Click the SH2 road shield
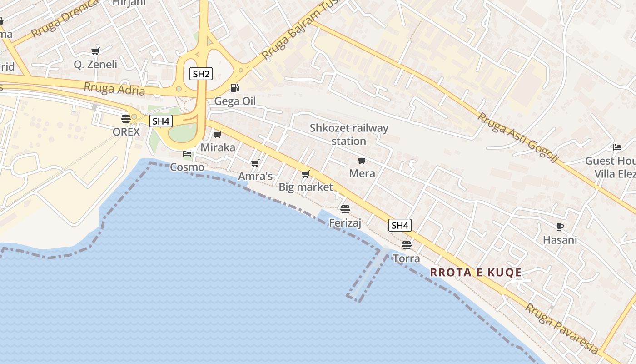(x=201, y=74)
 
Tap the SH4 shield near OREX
(x=161, y=121)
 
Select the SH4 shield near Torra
(x=400, y=225)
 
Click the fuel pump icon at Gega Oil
(x=234, y=88)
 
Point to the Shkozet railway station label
(x=349, y=134)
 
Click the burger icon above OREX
(x=126, y=119)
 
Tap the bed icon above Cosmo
(x=187, y=154)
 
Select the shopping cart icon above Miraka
(x=218, y=134)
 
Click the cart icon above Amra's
(x=255, y=163)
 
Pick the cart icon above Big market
(x=306, y=174)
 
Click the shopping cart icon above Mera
(x=362, y=160)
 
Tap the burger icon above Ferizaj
(x=345, y=209)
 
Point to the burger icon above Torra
(x=407, y=245)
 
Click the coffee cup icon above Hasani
(x=560, y=227)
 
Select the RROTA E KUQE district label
(x=476, y=273)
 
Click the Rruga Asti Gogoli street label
(x=517, y=137)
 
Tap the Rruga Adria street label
(x=114, y=89)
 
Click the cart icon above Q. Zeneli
(x=95, y=51)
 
